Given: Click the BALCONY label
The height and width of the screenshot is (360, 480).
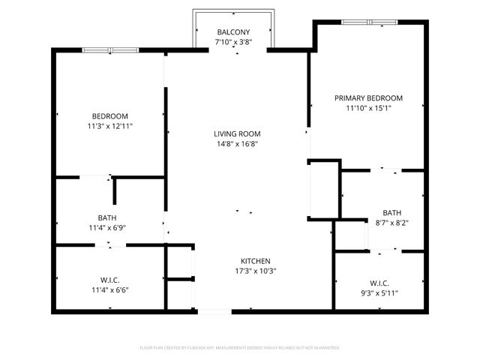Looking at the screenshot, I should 232,31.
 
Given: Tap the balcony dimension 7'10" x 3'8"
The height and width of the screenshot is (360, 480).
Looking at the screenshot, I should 232,42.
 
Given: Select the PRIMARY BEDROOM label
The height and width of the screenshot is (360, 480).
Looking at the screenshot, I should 368,98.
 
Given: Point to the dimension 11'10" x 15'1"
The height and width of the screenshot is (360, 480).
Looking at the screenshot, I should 368,108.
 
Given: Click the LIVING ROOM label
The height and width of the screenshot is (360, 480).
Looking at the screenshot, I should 237,133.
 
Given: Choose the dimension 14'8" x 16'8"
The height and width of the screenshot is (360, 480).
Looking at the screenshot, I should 237,144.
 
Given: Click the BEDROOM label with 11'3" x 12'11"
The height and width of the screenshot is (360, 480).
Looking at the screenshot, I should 109,116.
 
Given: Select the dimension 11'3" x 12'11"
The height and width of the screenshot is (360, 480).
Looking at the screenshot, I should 109,126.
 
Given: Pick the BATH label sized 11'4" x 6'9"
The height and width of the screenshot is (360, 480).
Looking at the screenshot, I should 106,217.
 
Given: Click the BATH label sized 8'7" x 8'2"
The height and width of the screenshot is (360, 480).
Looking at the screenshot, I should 391,212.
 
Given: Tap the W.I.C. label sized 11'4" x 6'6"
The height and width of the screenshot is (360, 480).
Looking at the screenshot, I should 109,279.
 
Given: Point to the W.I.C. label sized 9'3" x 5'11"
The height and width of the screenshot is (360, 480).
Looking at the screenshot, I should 379,283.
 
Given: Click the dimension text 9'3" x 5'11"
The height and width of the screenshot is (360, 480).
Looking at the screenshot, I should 379,293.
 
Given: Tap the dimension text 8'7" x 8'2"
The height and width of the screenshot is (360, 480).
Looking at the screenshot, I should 391,223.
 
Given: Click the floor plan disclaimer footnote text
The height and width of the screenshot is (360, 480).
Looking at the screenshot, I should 240,347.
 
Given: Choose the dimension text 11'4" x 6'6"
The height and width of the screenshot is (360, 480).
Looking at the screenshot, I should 109,289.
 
